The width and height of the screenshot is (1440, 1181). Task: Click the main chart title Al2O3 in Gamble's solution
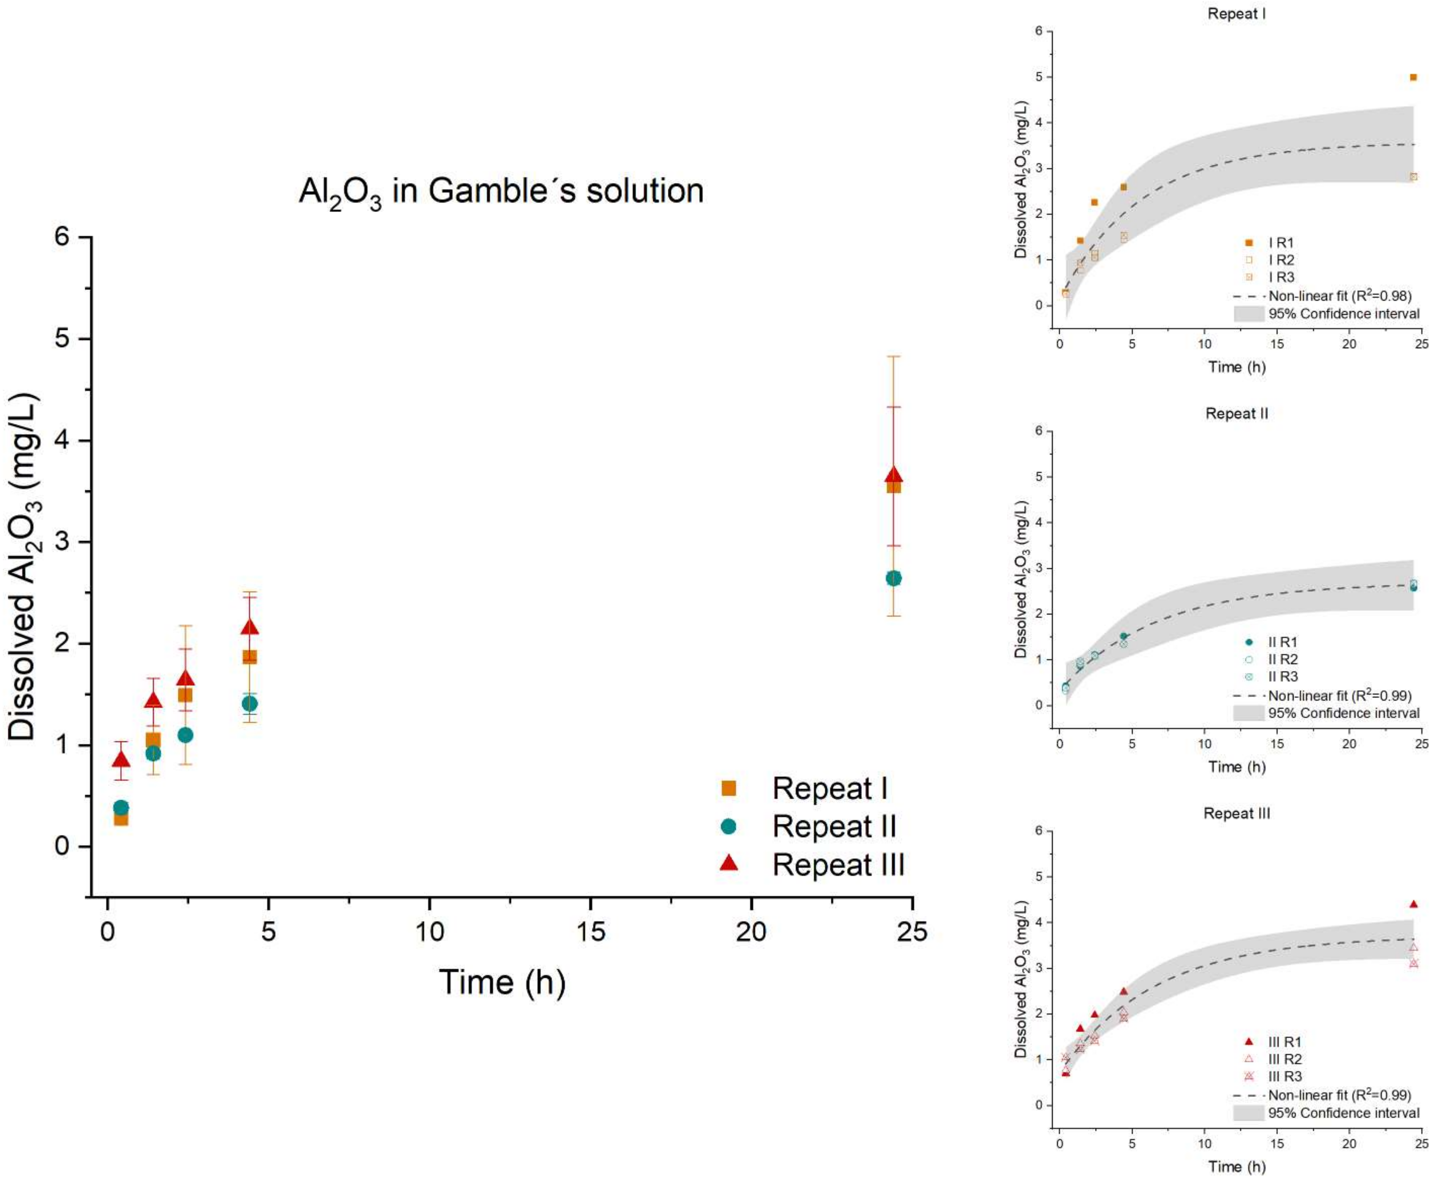501,191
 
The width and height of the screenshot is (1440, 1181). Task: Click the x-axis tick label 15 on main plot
590,931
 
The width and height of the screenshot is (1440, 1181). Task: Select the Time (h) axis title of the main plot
502,982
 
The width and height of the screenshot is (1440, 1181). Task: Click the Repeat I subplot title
1236,14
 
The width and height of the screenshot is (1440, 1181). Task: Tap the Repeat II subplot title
1236,414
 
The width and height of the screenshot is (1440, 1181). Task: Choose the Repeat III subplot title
1236,814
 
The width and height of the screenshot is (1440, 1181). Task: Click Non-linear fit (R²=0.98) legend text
1339,296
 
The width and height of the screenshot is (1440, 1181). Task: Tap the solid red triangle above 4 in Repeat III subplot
1413,904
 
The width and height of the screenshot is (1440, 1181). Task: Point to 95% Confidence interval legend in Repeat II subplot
1343,713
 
